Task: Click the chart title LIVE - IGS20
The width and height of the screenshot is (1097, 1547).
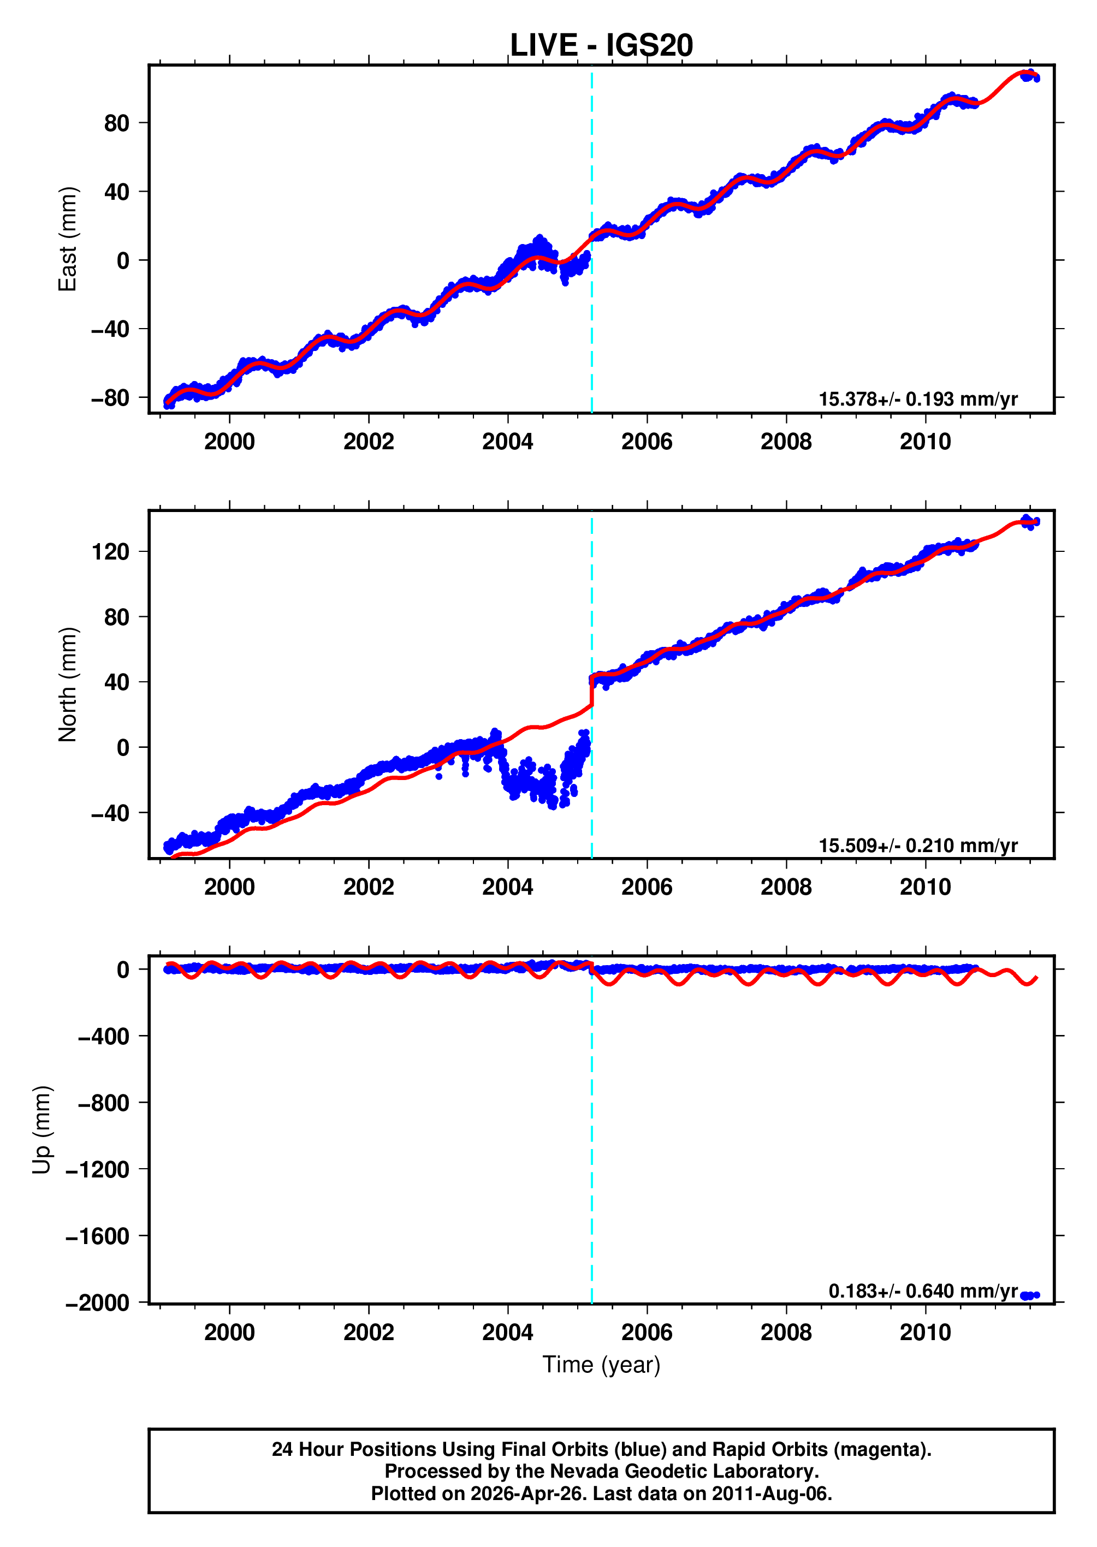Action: click(x=601, y=46)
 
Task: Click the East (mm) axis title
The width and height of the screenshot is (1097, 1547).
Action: click(x=68, y=239)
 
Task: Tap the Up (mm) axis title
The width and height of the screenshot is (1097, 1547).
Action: click(x=42, y=1130)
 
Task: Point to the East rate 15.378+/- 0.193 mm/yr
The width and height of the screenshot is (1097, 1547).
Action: click(x=917, y=399)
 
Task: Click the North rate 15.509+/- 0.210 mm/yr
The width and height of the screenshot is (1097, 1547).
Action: click(x=917, y=845)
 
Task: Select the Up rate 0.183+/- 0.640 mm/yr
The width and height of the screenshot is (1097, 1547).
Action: click(x=922, y=1290)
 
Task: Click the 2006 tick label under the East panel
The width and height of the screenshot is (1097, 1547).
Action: click(x=647, y=442)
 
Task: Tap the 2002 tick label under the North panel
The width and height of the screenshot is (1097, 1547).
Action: click(x=368, y=886)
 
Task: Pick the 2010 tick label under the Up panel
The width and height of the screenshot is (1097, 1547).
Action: click(x=925, y=1332)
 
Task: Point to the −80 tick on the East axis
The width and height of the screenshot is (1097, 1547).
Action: click(x=110, y=398)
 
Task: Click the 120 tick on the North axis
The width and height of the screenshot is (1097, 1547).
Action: click(x=110, y=552)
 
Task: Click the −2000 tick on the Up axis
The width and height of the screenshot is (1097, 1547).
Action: click(x=97, y=1302)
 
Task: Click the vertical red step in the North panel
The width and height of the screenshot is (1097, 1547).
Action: click(x=592, y=692)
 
